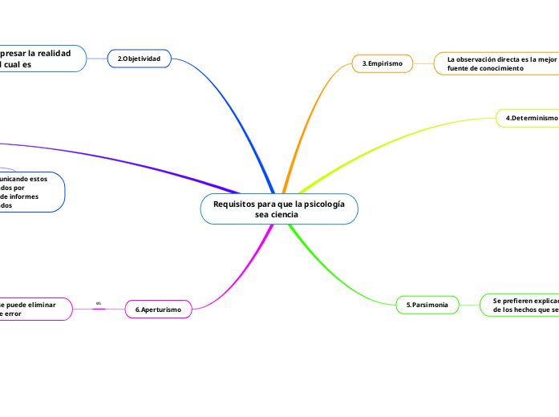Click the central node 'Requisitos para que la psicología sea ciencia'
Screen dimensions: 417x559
point(278,209)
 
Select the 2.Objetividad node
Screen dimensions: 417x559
point(140,59)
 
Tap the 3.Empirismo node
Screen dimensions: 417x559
point(382,63)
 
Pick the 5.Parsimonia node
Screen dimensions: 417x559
point(427,305)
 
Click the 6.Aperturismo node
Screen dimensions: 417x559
point(158,309)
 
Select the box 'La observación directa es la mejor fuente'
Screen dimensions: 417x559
point(497,63)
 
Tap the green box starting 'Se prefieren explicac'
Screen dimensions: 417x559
point(521,304)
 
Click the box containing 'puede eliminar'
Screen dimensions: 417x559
point(32,309)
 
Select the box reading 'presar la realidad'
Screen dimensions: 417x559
point(40,59)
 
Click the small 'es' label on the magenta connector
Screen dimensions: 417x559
point(99,303)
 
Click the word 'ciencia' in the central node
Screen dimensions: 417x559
point(282,215)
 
